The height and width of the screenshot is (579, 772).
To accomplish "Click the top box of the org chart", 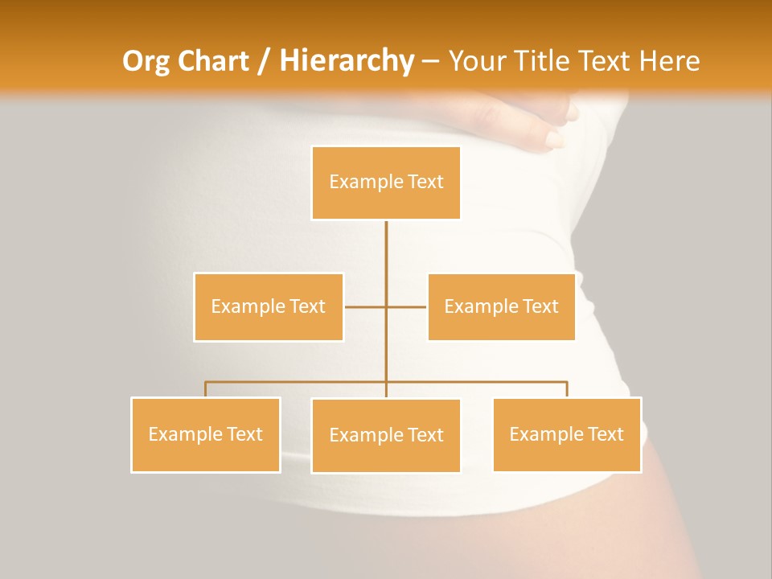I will point(386,183).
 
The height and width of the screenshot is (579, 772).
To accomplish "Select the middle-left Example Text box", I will point(268,306).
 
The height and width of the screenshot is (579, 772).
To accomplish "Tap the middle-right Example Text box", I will point(501,306).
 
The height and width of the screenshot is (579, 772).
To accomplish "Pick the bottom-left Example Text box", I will point(205,434).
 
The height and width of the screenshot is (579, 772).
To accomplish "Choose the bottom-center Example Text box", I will point(386,435).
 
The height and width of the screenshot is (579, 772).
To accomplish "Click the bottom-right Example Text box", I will point(566,434).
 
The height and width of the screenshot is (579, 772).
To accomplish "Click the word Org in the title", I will point(143,62).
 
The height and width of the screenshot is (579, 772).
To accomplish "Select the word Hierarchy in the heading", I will point(347,61).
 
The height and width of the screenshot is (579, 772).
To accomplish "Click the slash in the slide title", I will point(264,62).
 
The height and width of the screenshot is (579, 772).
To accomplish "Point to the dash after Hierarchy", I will point(430,62).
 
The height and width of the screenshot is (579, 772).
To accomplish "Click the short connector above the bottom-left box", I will point(205,389).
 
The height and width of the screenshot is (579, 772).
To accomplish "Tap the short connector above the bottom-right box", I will point(567,389).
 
